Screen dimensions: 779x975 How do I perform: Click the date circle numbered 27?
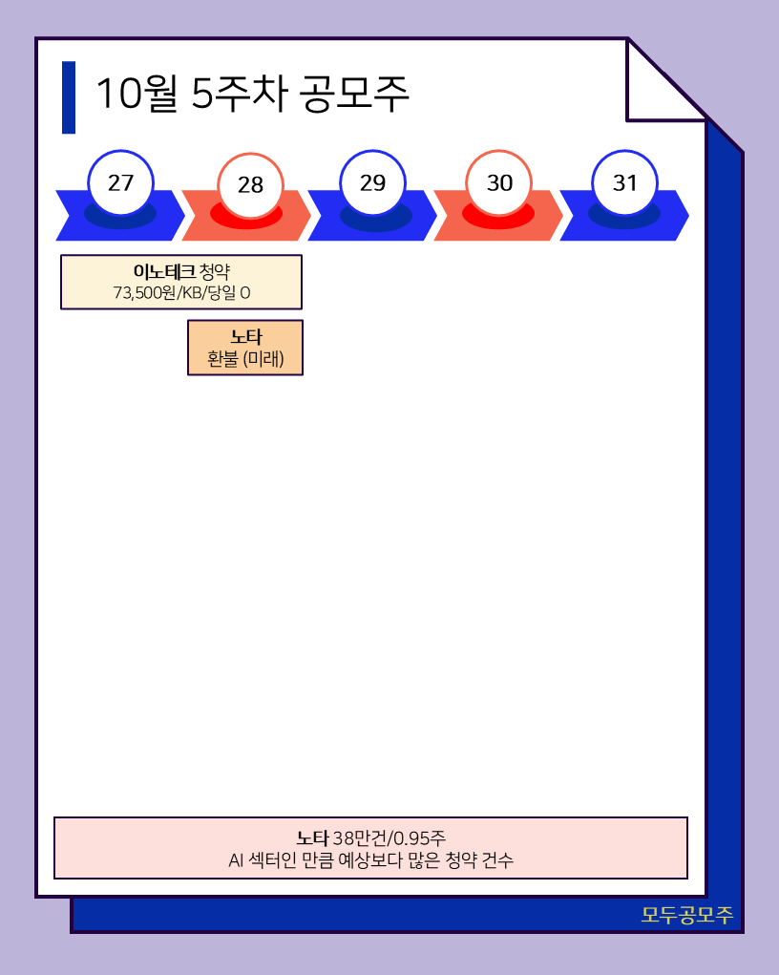(x=120, y=182)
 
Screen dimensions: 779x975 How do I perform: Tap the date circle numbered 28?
(x=250, y=185)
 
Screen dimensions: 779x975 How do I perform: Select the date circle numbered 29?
(x=372, y=182)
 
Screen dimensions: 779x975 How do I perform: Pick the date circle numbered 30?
(x=499, y=183)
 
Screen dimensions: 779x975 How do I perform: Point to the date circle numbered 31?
(x=625, y=182)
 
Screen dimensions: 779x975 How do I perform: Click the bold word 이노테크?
(x=164, y=271)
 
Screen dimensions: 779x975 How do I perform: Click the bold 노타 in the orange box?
(x=245, y=337)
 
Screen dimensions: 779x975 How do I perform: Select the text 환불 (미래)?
(x=245, y=359)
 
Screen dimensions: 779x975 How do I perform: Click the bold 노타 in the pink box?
(x=312, y=838)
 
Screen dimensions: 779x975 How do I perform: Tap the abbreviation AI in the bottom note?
(x=237, y=860)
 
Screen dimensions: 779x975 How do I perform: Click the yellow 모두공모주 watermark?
(x=686, y=915)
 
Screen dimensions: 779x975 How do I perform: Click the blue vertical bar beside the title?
(x=69, y=97)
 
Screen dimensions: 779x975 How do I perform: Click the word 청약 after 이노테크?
(x=215, y=271)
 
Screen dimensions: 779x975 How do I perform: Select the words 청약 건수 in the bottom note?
(x=482, y=860)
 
